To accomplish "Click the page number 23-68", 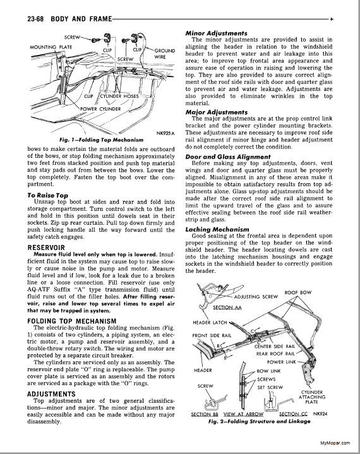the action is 35,19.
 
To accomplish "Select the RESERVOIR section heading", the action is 46,248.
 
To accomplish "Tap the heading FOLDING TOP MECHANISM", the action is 72,321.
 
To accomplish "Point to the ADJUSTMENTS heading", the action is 51,395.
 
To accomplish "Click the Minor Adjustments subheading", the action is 217,33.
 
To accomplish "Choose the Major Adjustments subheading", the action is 217,112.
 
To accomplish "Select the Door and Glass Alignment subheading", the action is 228,157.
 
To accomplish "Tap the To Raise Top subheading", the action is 48,196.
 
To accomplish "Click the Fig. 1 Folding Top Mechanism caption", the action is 101,140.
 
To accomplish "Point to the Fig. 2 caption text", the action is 259,421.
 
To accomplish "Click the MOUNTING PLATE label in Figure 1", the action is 51,47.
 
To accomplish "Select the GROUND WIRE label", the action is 164,54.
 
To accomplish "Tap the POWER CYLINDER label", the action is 100,109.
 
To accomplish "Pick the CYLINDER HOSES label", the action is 119,96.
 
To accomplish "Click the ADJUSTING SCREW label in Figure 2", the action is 256,297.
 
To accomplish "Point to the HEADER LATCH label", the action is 210,323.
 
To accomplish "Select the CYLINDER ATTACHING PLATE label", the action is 312,397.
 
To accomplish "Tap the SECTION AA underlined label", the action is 227,308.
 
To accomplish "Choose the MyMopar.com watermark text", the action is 335,443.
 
